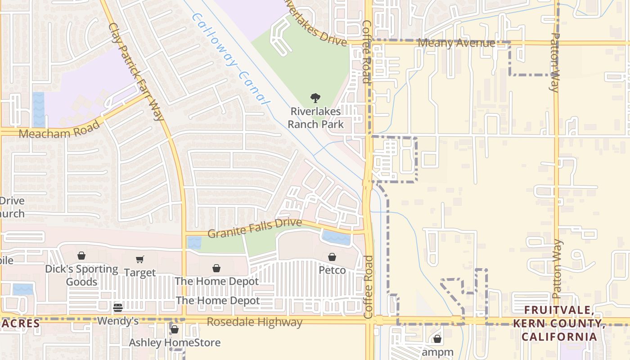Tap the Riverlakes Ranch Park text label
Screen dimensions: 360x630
click(x=315, y=117)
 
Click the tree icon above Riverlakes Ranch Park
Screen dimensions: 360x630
click(x=315, y=98)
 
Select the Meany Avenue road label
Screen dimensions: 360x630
click(x=456, y=43)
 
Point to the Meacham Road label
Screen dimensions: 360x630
click(x=59, y=130)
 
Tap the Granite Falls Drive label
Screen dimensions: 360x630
click(x=254, y=228)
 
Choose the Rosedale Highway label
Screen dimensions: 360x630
click(x=255, y=322)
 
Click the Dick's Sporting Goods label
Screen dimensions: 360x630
click(x=81, y=275)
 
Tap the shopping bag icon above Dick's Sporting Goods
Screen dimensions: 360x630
click(x=81, y=256)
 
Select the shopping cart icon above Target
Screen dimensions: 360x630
click(x=140, y=259)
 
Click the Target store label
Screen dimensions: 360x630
click(x=140, y=273)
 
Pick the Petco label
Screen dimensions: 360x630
click(x=332, y=270)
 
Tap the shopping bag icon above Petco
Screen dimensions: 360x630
click(x=332, y=257)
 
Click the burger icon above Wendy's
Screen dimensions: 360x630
click(x=118, y=308)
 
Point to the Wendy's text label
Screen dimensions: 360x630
click(x=118, y=321)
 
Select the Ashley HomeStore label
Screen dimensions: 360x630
click(x=175, y=342)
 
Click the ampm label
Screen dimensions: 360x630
click(x=437, y=352)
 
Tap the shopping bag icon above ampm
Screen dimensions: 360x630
click(x=437, y=339)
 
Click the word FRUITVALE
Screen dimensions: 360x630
click(x=558, y=310)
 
